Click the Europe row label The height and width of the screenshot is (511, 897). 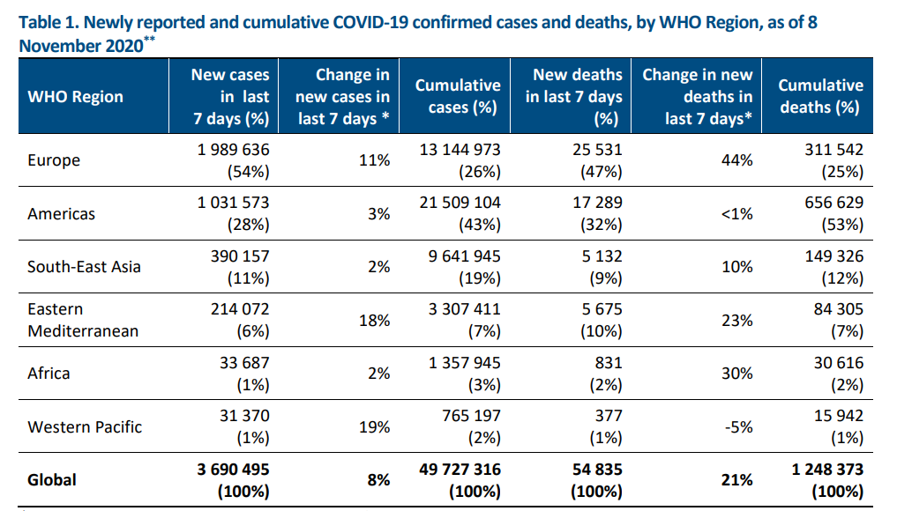54,160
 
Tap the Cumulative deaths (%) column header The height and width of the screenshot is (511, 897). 820,96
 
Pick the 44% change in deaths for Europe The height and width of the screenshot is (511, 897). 740,160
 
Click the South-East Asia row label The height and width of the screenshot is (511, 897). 84,267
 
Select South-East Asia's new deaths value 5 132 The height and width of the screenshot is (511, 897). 599,256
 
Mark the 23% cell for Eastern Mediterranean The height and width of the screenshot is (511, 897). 740,321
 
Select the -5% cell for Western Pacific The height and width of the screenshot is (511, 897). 740,427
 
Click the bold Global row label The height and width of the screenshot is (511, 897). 52,480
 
